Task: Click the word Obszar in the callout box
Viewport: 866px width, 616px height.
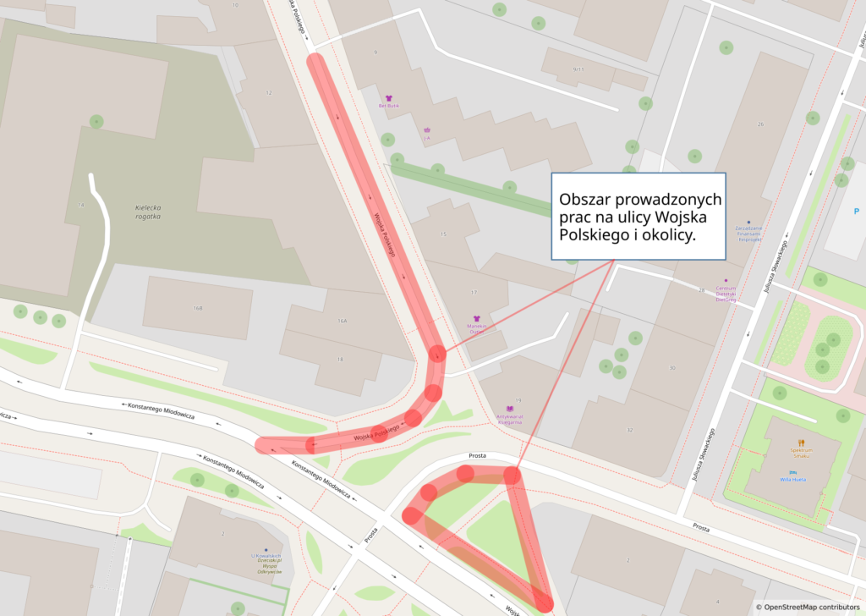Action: tap(584, 201)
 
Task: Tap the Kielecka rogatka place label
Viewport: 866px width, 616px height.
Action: tap(147, 212)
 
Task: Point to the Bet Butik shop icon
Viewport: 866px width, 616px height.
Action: tap(389, 98)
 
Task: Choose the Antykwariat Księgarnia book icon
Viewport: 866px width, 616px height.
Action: tap(510, 408)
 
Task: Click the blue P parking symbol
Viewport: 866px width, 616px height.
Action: tap(856, 211)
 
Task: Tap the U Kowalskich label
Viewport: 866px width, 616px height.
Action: tap(266, 556)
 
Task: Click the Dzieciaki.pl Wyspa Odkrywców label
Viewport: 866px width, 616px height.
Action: tap(264, 567)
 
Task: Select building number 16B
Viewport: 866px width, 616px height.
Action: tap(197, 308)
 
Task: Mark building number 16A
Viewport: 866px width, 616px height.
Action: tap(343, 321)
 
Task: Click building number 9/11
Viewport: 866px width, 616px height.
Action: tap(578, 69)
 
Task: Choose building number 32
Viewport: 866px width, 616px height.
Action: tap(629, 431)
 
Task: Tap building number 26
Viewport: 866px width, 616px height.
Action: tap(760, 124)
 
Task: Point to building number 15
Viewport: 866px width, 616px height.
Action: tap(443, 234)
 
